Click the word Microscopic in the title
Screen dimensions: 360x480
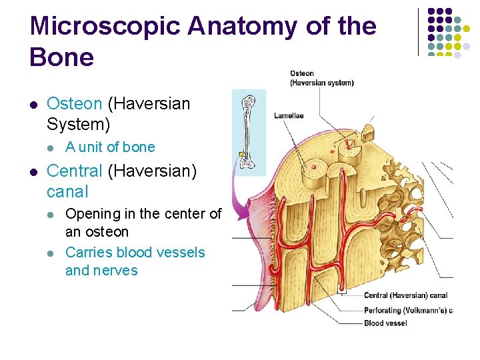104,27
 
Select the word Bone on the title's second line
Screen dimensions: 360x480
62,57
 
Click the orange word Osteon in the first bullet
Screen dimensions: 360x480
75,104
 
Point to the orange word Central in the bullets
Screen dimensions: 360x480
75,171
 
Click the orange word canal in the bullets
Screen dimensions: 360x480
67,192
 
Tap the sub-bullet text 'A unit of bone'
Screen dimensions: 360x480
110,147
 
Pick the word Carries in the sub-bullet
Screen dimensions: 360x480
89,253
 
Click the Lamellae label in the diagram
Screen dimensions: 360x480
289,115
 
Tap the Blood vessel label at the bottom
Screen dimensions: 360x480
385,323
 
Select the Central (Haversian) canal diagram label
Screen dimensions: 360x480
405,295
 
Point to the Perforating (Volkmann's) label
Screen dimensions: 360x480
407,310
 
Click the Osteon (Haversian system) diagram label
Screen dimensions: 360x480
321,78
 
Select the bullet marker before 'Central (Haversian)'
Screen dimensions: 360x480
33,171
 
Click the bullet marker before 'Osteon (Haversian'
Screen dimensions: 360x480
33,105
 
